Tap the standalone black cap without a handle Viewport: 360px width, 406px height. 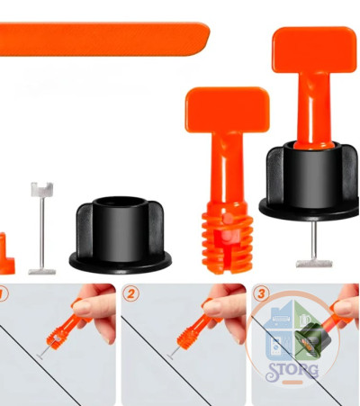(121, 235)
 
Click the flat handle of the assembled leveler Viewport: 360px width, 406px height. (314, 50)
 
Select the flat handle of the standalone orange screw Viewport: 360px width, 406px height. (227, 110)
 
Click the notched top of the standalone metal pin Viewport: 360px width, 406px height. (42, 189)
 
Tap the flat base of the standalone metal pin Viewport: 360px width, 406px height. (42, 272)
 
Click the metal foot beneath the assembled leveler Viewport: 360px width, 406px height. (314, 264)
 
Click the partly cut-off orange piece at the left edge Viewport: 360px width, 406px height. (6, 255)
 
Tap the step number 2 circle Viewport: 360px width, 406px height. (130, 293)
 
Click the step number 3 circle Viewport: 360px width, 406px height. (261, 293)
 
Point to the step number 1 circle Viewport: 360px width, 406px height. (3, 294)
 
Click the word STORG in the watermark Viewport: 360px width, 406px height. (292, 372)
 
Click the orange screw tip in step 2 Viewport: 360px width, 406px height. (185, 339)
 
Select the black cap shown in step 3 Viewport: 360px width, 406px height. (312, 339)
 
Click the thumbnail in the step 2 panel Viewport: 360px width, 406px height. (184, 345)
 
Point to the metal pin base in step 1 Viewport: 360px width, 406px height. (40, 356)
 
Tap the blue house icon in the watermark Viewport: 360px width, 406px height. (278, 330)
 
